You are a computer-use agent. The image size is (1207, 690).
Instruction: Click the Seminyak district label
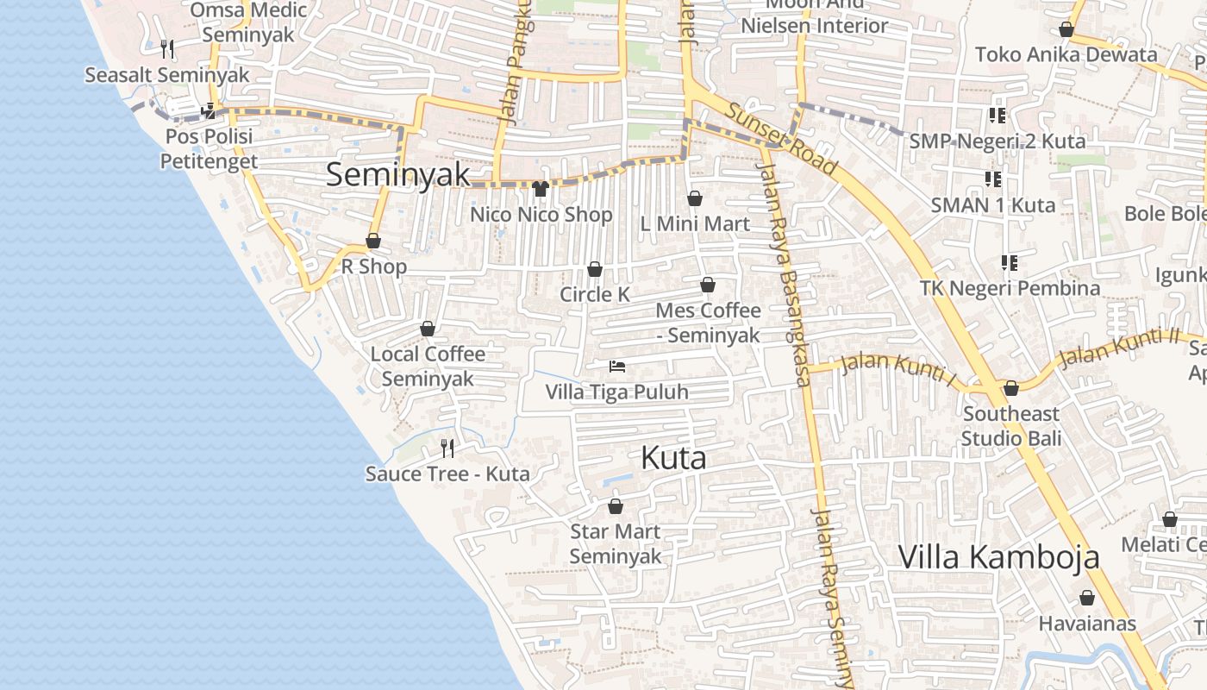(x=398, y=174)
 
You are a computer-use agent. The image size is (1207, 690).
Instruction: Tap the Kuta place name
(x=673, y=458)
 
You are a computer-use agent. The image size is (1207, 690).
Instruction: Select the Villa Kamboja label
(x=998, y=556)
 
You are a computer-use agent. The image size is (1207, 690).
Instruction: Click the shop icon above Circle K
(x=594, y=270)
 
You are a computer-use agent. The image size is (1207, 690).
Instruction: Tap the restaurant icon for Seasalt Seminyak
(x=167, y=48)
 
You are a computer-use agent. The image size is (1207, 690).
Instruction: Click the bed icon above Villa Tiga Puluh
(x=616, y=367)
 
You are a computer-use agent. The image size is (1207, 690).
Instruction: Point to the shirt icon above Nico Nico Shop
(x=541, y=189)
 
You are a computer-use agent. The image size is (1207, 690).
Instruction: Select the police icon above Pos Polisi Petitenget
(x=208, y=111)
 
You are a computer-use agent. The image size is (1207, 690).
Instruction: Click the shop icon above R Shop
(x=373, y=241)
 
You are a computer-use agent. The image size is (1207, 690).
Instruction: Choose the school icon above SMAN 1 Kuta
(x=993, y=179)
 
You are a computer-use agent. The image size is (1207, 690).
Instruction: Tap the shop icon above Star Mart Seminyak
(x=615, y=506)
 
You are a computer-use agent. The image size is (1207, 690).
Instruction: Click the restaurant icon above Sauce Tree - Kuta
(x=447, y=448)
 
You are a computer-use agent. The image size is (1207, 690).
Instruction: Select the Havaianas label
(x=1086, y=623)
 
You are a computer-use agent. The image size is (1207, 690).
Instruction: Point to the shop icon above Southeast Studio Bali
(x=1011, y=388)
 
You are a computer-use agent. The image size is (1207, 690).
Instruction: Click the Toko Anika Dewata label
(x=1066, y=54)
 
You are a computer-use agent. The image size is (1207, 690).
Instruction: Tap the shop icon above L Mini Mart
(x=695, y=198)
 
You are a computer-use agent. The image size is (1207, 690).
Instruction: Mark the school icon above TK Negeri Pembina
(x=1009, y=262)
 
